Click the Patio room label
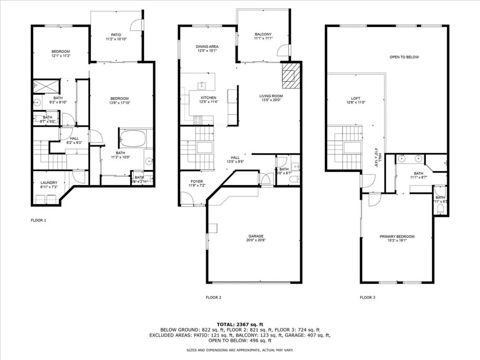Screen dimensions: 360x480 [x=116, y=34]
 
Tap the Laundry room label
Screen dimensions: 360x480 [x=49, y=183]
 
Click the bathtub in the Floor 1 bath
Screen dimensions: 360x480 [x=133, y=139]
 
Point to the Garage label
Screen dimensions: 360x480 [x=256, y=236]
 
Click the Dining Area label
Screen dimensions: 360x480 [x=207, y=47]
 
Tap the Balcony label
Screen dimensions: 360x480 [x=263, y=34]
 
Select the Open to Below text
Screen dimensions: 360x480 [x=404, y=57]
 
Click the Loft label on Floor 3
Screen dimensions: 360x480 [x=352, y=98]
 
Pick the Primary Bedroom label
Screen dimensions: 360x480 [x=397, y=237]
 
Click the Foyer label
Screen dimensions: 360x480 [x=196, y=181]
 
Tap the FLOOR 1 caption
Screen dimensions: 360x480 [x=38, y=220]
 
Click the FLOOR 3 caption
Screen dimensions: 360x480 [x=367, y=297]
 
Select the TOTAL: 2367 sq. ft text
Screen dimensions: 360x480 [x=240, y=324]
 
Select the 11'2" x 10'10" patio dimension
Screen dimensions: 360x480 [x=116, y=39]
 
